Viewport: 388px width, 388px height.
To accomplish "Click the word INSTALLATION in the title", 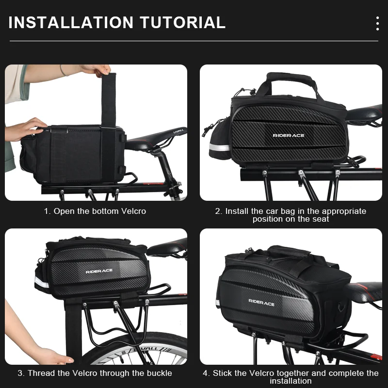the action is point(71,22).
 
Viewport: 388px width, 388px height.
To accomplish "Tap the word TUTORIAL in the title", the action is point(183,22).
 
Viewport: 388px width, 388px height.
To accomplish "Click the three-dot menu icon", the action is point(377,23).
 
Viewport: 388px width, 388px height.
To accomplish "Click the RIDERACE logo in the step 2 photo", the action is point(289,135).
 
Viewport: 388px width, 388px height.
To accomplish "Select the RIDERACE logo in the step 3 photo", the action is point(99,271).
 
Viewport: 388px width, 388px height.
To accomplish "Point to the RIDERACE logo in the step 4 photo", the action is point(261,303).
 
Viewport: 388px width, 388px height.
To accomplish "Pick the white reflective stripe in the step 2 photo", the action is point(219,147).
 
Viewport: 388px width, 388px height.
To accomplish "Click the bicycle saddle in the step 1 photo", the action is point(156,139).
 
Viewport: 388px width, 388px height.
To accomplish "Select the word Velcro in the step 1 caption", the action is point(134,211).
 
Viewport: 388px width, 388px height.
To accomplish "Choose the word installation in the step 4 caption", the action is point(291,381).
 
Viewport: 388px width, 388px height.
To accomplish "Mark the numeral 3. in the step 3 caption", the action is point(21,373).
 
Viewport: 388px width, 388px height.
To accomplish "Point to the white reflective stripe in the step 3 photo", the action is point(42,282).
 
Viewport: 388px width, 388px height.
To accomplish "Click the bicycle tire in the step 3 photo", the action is point(139,346).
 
